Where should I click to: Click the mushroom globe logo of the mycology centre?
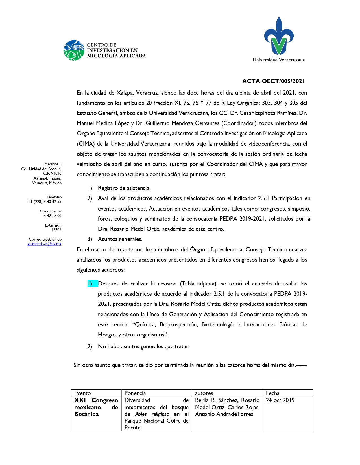[x=74, y=50]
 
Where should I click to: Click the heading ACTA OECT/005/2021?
[x=273, y=81]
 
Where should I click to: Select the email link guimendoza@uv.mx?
[x=44, y=244]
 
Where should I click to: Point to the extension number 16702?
[x=56, y=230]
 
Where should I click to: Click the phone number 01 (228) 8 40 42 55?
[x=45, y=201]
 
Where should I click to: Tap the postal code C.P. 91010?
[x=52, y=173]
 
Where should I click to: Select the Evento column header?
[x=82, y=393]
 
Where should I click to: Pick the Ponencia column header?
[x=135, y=393]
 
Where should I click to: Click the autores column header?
[x=204, y=393]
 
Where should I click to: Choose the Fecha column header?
[x=272, y=393]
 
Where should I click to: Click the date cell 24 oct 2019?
[x=280, y=400]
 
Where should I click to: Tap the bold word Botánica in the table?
[x=86, y=414]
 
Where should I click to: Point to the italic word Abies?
[x=141, y=414]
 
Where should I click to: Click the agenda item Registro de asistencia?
[x=124, y=188]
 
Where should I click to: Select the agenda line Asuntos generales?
[x=120, y=239]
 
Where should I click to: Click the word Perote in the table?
[x=132, y=428]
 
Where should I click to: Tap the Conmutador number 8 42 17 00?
[x=52, y=216]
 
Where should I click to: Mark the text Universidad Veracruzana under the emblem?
[x=279, y=60]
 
